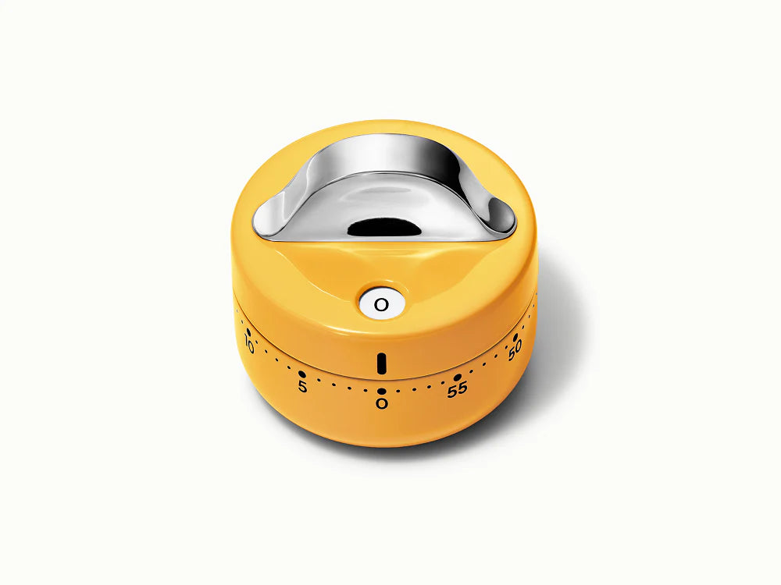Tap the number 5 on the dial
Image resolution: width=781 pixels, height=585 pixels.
(302, 387)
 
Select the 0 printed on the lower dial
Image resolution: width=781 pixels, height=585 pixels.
(382, 403)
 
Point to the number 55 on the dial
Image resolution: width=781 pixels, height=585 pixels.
(457, 389)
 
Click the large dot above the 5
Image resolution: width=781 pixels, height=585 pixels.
(301, 374)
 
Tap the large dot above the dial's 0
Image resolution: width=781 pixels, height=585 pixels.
(382, 392)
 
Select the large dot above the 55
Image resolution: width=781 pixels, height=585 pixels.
(457, 378)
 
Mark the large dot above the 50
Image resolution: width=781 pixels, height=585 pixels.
(515, 337)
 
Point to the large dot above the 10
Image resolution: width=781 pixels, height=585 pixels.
(248, 331)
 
